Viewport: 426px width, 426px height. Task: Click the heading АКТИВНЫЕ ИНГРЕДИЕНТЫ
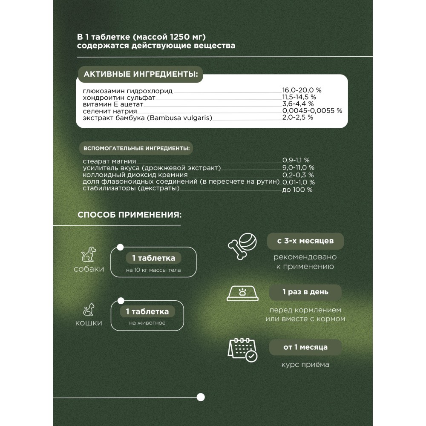click(x=141, y=75)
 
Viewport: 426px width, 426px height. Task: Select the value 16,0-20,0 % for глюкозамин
click(x=302, y=90)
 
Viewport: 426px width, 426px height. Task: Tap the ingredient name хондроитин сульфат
click(x=119, y=98)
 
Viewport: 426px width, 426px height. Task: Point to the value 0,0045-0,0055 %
click(x=312, y=110)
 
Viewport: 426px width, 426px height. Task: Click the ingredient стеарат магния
click(x=110, y=161)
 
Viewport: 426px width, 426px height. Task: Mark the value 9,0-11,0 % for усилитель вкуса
click(x=298, y=168)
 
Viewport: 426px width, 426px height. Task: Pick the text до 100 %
click(x=297, y=190)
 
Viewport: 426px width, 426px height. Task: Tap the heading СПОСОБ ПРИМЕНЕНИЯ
click(x=129, y=214)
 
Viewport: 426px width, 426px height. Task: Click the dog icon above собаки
click(x=88, y=255)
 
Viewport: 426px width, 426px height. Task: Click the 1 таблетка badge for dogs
click(x=153, y=258)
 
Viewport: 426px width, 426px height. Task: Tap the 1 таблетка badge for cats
click(x=147, y=311)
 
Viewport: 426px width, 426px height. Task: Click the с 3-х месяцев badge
click(x=305, y=241)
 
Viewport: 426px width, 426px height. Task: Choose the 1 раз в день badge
click(x=305, y=293)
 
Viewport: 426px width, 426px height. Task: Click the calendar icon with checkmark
click(x=242, y=349)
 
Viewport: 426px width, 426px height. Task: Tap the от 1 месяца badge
click(x=305, y=347)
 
